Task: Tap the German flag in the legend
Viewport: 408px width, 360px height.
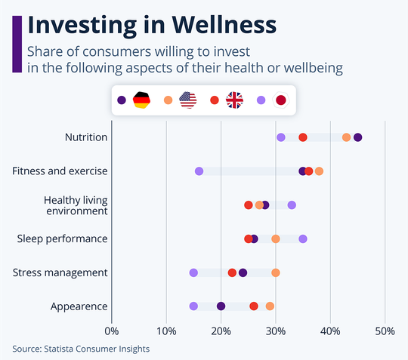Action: tap(141, 100)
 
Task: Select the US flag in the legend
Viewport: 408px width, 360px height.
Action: tap(188, 100)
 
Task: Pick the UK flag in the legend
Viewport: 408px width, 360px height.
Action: tap(235, 100)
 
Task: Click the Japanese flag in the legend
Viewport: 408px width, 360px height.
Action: tap(282, 100)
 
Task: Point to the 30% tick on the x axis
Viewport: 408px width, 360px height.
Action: tap(275, 330)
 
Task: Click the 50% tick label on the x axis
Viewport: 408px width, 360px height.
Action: tap(385, 330)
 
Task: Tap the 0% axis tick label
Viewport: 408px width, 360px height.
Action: tap(112, 330)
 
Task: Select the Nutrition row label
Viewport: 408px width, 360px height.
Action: tap(86, 137)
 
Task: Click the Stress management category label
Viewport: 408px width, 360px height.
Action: tap(60, 272)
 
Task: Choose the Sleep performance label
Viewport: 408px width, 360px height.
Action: tap(63, 238)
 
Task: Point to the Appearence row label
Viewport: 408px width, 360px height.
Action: tap(79, 306)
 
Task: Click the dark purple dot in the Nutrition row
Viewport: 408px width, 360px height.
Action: tap(357, 137)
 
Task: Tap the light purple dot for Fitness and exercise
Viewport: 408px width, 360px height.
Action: tap(199, 171)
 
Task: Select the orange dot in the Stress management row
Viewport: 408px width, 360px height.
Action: tap(276, 272)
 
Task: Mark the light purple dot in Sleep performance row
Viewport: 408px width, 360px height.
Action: tap(303, 238)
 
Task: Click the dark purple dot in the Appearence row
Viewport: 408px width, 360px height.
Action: tap(221, 306)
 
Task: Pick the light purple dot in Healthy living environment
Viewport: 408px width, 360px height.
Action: tap(292, 205)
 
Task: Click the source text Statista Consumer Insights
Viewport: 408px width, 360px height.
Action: tap(81, 349)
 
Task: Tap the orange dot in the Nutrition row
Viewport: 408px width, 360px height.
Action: tap(346, 137)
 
